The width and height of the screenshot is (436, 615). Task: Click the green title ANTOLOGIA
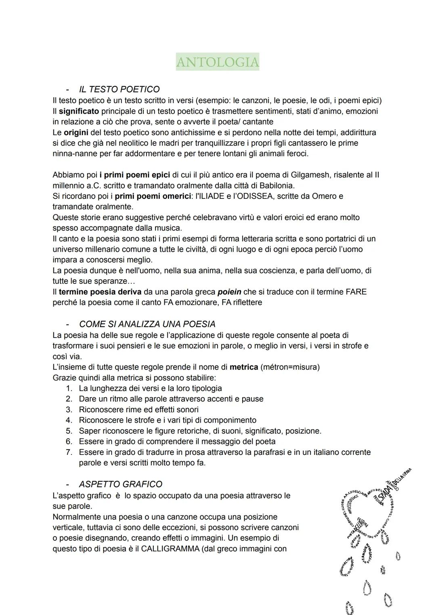[218, 62]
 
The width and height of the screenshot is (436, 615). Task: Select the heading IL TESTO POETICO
[119, 89]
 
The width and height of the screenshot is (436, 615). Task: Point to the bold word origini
[76, 132]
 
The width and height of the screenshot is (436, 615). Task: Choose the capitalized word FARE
[356, 292]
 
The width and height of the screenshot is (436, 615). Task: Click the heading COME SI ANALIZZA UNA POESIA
[147, 324]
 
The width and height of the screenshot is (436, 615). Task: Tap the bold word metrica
[243, 367]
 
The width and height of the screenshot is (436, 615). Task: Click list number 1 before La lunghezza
[69, 388]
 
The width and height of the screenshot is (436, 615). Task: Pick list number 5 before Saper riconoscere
[69, 431]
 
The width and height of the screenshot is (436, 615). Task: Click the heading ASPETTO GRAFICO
[121, 484]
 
